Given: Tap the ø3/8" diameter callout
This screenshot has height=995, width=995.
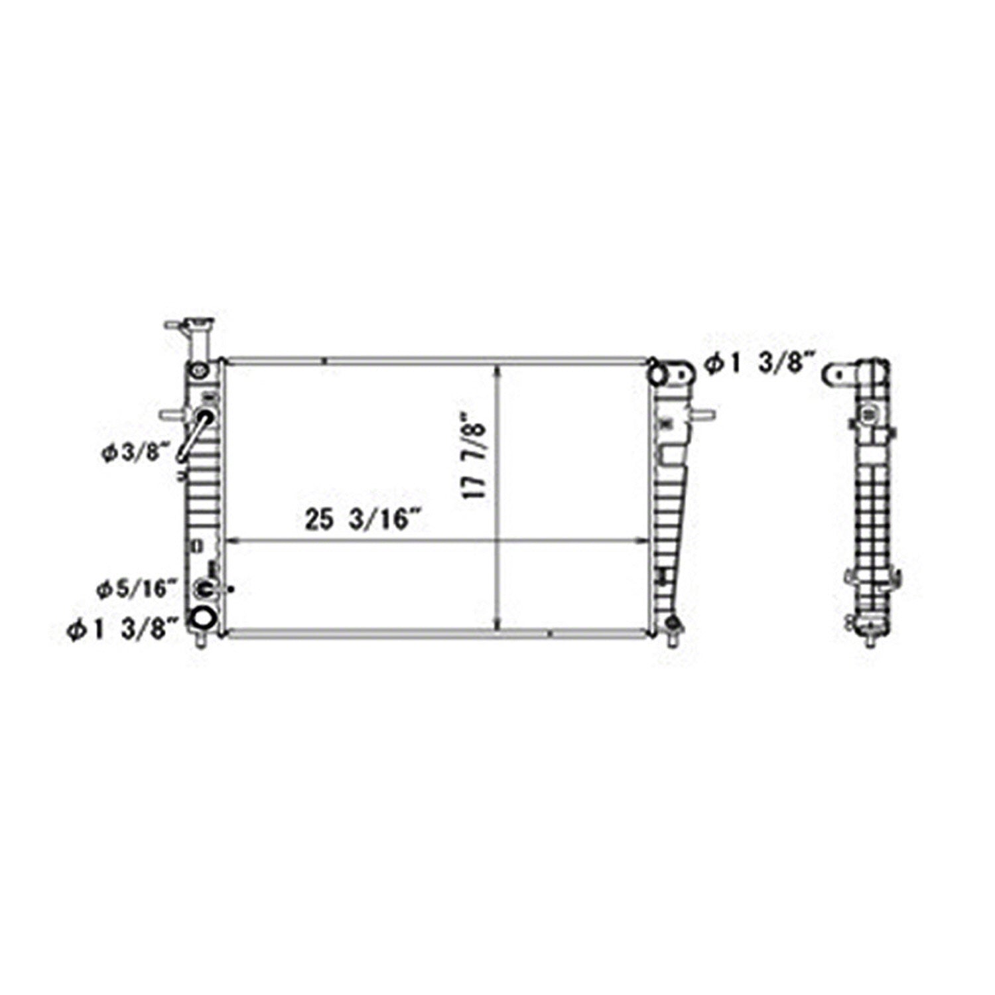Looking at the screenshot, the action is [x=135, y=454].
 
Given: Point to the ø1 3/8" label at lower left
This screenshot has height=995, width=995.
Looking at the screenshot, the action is [x=123, y=628].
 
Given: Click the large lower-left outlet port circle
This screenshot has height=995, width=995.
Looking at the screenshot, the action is [x=202, y=618].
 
